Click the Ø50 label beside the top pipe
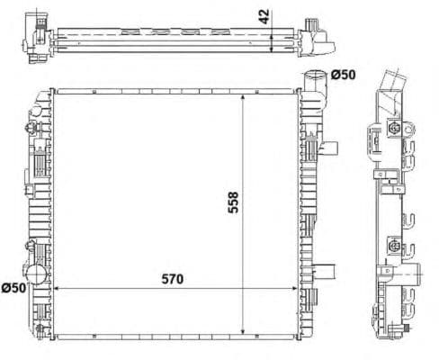coord(345,75)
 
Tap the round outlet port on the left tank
coord(37,274)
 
